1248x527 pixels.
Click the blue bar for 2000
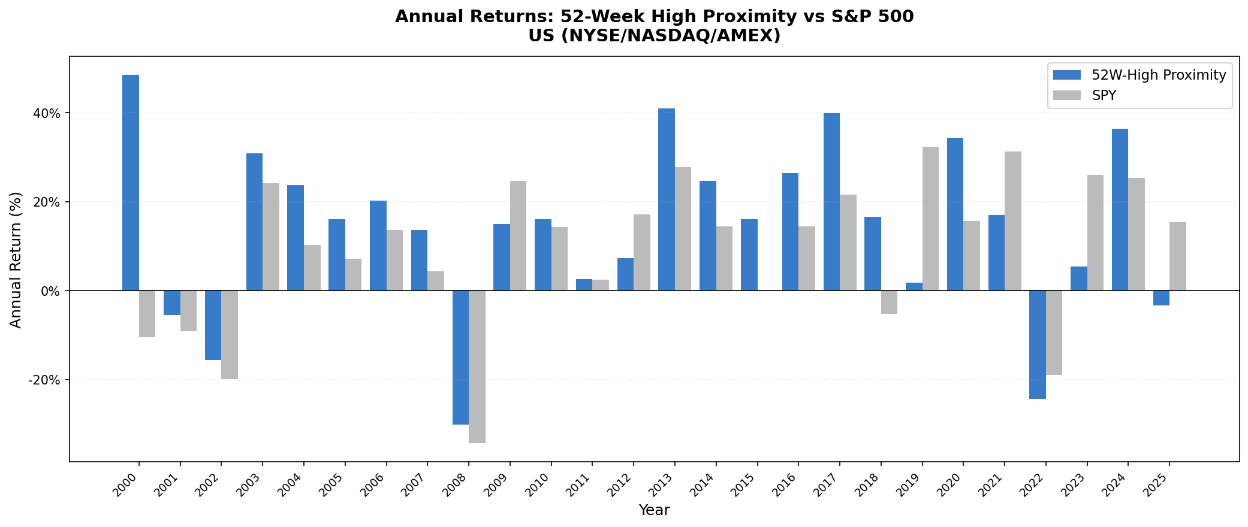point(131,183)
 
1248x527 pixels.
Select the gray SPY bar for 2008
point(477,367)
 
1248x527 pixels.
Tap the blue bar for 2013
point(667,199)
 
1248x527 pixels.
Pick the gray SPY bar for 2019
point(930,219)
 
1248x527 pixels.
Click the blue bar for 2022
point(1038,344)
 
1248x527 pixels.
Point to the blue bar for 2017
point(831,202)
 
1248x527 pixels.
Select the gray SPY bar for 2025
point(1178,256)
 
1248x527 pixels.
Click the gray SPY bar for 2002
point(230,335)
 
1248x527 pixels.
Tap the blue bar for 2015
point(749,255)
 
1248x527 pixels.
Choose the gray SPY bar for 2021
point(1013,221)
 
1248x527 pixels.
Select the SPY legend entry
point(1104,95)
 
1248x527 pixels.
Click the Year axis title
point(654,510)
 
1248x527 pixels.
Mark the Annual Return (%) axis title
point(16,259)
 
